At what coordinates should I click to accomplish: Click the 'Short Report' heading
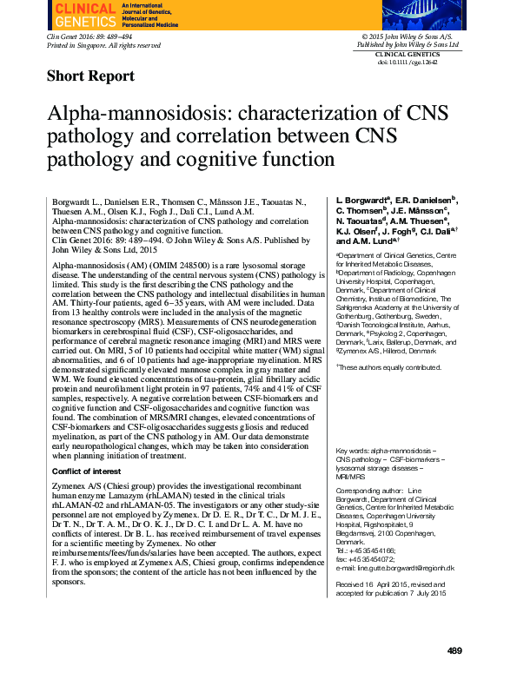[90, 76]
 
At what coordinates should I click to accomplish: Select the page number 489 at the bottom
[454, 650]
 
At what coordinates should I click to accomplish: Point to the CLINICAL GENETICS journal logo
[86, 13]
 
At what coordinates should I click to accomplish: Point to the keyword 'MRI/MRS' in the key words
[350, 477]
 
